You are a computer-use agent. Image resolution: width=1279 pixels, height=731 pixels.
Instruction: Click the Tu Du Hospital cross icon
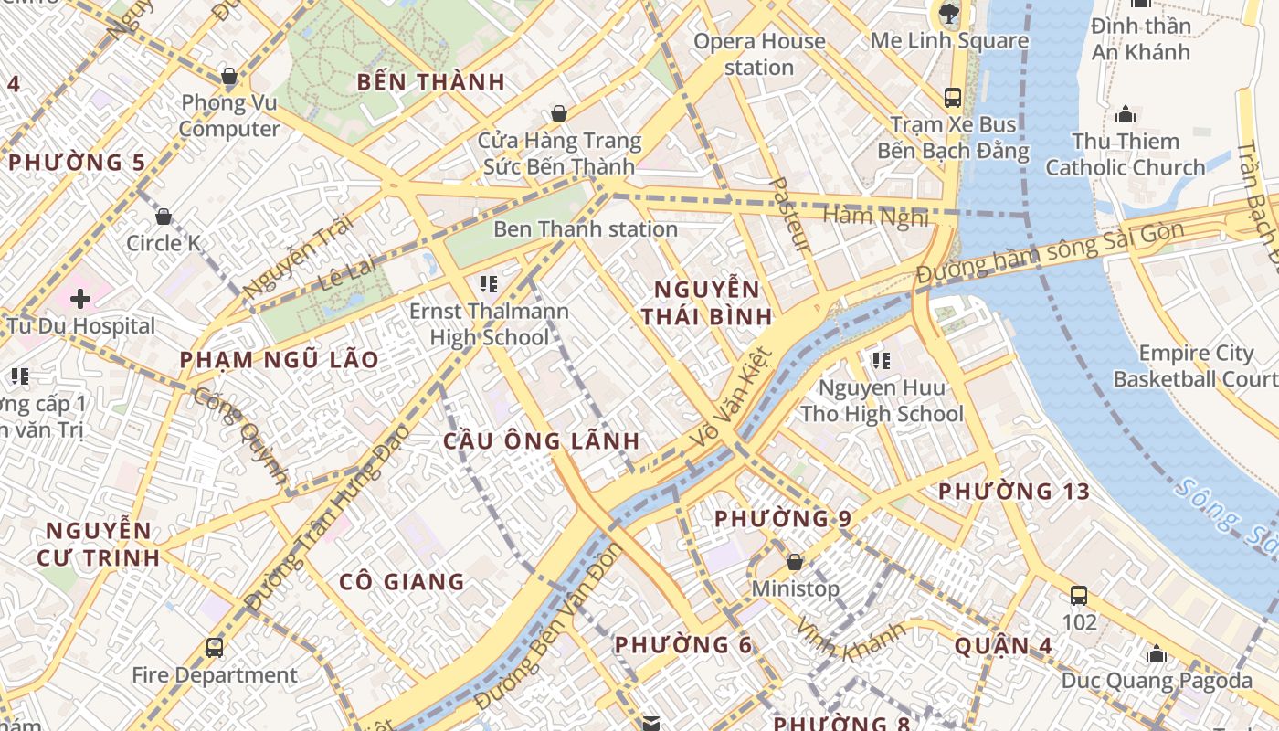click(80, 298)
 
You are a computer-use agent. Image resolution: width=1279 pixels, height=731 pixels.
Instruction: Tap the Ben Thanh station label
click(585, 228)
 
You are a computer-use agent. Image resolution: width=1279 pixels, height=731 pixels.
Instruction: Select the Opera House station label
click(758, 54)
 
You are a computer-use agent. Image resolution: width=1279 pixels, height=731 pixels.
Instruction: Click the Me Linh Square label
click(949, 40)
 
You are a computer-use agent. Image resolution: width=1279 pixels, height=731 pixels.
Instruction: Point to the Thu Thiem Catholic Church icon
click(1126, 114)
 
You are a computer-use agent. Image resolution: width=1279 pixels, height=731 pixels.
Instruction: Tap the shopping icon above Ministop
click(795, 561)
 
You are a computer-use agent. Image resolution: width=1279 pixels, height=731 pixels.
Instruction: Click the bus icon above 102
click(1079, 596)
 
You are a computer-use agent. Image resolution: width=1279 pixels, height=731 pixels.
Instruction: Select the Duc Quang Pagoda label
click(1157, 680)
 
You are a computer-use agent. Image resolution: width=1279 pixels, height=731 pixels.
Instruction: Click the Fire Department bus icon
click(215, 648)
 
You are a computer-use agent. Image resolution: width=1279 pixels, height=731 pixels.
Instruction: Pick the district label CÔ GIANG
click(402, 581)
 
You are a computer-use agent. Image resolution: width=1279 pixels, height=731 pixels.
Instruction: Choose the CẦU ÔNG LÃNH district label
click(542, 440)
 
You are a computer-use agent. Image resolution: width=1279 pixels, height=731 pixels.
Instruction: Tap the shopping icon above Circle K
click(164, 217)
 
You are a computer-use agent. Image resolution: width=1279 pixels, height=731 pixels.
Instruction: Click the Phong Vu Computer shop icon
click(229, 76)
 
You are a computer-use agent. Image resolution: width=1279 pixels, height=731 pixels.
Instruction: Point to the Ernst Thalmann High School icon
click(489, 284)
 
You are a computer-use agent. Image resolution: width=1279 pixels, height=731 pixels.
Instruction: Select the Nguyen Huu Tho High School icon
click(882, 361)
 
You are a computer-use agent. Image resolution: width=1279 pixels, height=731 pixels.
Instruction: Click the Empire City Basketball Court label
click(1196, 365)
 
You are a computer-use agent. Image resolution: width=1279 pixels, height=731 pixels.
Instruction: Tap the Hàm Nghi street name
click(875, 217)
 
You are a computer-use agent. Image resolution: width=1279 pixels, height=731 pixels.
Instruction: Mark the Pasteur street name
click(790, 215)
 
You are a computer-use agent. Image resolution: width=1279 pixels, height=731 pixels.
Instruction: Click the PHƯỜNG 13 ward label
click(1014, 492)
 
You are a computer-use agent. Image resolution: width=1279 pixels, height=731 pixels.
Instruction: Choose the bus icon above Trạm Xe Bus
click(953, 97)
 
